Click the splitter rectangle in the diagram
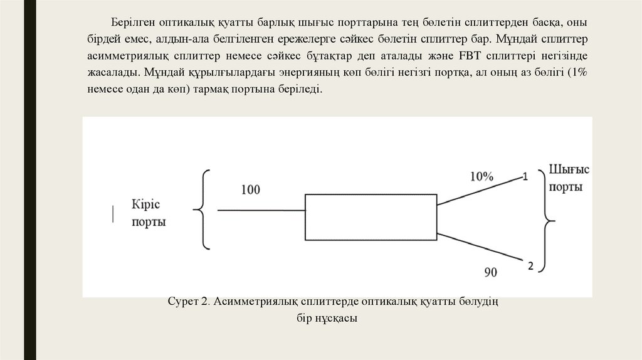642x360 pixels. (371, 217)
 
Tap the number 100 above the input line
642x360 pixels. (250, 189)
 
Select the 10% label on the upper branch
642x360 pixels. (481, 177)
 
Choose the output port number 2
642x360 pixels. (530, 266)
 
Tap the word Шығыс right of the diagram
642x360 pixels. (569, 169)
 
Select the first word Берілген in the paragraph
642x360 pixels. (133, 23)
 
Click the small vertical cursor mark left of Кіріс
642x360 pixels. (113, 213)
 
